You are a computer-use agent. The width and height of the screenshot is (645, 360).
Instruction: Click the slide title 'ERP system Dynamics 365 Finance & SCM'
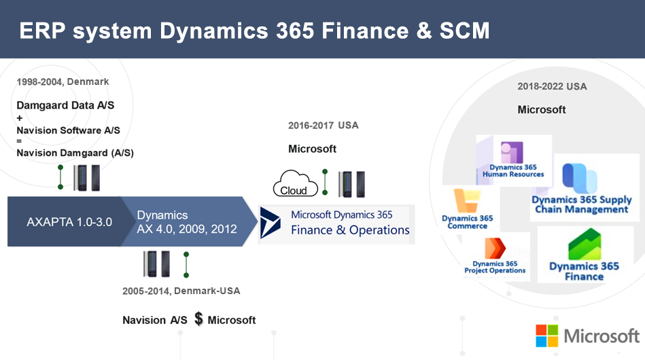[254, 31]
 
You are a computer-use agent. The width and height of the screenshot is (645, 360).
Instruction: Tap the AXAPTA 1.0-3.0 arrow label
[69, 222]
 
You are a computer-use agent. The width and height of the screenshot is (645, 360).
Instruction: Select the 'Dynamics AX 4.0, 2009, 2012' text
[187, 222]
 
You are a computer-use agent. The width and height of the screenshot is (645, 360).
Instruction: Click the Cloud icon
[296, 183]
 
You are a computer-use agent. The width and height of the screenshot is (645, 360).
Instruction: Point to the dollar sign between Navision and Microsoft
[198, 319]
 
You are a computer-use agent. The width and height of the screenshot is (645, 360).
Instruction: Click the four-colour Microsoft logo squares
[546, 336]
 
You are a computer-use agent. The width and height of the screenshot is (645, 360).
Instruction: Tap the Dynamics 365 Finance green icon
[585, 244]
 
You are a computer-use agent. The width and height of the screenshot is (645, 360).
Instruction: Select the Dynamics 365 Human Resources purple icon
[512, 152]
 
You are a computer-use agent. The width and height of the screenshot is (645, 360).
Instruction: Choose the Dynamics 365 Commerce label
[468, 222]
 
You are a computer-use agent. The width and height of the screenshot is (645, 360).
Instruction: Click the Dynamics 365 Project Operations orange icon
[495, 248]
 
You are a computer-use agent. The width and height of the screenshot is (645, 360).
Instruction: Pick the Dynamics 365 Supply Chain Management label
[582, 204]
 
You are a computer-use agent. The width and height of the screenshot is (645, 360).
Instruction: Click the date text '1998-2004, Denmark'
[63, 82]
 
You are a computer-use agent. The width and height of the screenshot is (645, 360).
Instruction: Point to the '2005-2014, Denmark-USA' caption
[181, 291]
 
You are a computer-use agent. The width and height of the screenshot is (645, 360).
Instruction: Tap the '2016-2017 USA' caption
[324, 126]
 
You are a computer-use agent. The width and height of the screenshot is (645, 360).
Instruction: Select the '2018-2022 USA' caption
[552, 86]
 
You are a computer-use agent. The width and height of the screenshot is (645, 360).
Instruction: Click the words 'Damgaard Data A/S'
[65, 105]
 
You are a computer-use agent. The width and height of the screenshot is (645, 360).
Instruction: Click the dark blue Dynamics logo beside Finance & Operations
[271, 223]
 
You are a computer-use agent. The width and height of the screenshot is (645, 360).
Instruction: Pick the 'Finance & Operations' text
[350, 230]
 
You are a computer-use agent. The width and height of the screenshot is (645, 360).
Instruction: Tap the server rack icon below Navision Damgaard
[87, 177]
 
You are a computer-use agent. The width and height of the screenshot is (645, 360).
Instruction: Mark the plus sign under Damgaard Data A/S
[19, 118]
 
